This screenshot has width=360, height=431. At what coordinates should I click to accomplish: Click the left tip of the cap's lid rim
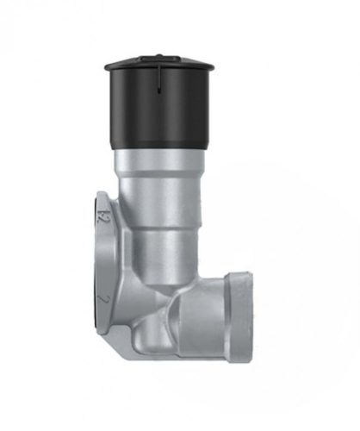pyautogui.click(x=106, y=66)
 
